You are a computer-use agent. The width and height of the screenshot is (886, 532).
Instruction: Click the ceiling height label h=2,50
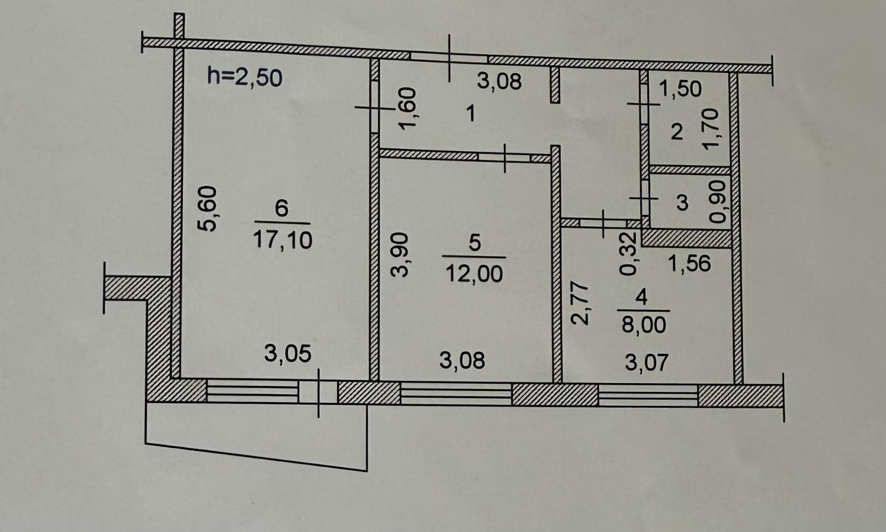pyautogui.click(x=245, y=77)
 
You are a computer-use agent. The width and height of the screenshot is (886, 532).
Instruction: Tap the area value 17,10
pyautogui.click(x=283, y=240)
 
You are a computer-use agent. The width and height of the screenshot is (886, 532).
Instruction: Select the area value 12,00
pyautogui.click(x=474, y=273)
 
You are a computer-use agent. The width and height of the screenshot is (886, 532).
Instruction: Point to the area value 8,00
pyautogui.click(x=644, y=325)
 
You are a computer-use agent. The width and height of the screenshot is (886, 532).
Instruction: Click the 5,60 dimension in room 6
pyautogui.click(x=207, y=208)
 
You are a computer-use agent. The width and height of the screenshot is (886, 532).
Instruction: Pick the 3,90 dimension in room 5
pyautogui.click(x=400, y=255)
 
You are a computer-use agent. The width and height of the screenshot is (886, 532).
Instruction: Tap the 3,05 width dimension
pyautogui.click(x=288, y=354)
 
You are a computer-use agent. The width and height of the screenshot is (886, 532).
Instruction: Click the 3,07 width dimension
pyautogui.click(x=647, y=363)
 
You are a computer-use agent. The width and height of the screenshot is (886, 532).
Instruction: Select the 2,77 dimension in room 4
pyautogui.click(x=579, y=302)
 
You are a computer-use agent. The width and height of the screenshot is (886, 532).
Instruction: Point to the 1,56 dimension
pyautogui.click(x=690, y=264)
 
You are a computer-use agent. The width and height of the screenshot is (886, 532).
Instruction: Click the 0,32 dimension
pyautogui.click(x=629, y=253)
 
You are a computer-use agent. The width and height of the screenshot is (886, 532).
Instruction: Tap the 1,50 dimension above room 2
pyautogui.click(x=680, y=89)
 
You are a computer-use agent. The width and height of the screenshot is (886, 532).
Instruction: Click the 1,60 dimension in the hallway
pyautogui.click(x=408, y=108)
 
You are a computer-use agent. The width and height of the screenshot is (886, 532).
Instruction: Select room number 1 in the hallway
pyautogui.click(x=471, y=114)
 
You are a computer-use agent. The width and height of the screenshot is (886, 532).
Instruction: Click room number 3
pyautogui.click(x=682, y=202)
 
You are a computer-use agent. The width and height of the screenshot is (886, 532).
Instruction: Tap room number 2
pyautogui.click(x=677, y=132)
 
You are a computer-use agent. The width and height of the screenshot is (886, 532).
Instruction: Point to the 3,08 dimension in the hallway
pyautogui.click(x=499, y=81)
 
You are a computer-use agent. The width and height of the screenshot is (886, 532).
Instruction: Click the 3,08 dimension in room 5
pyautogui.click(x=462, y=361)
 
